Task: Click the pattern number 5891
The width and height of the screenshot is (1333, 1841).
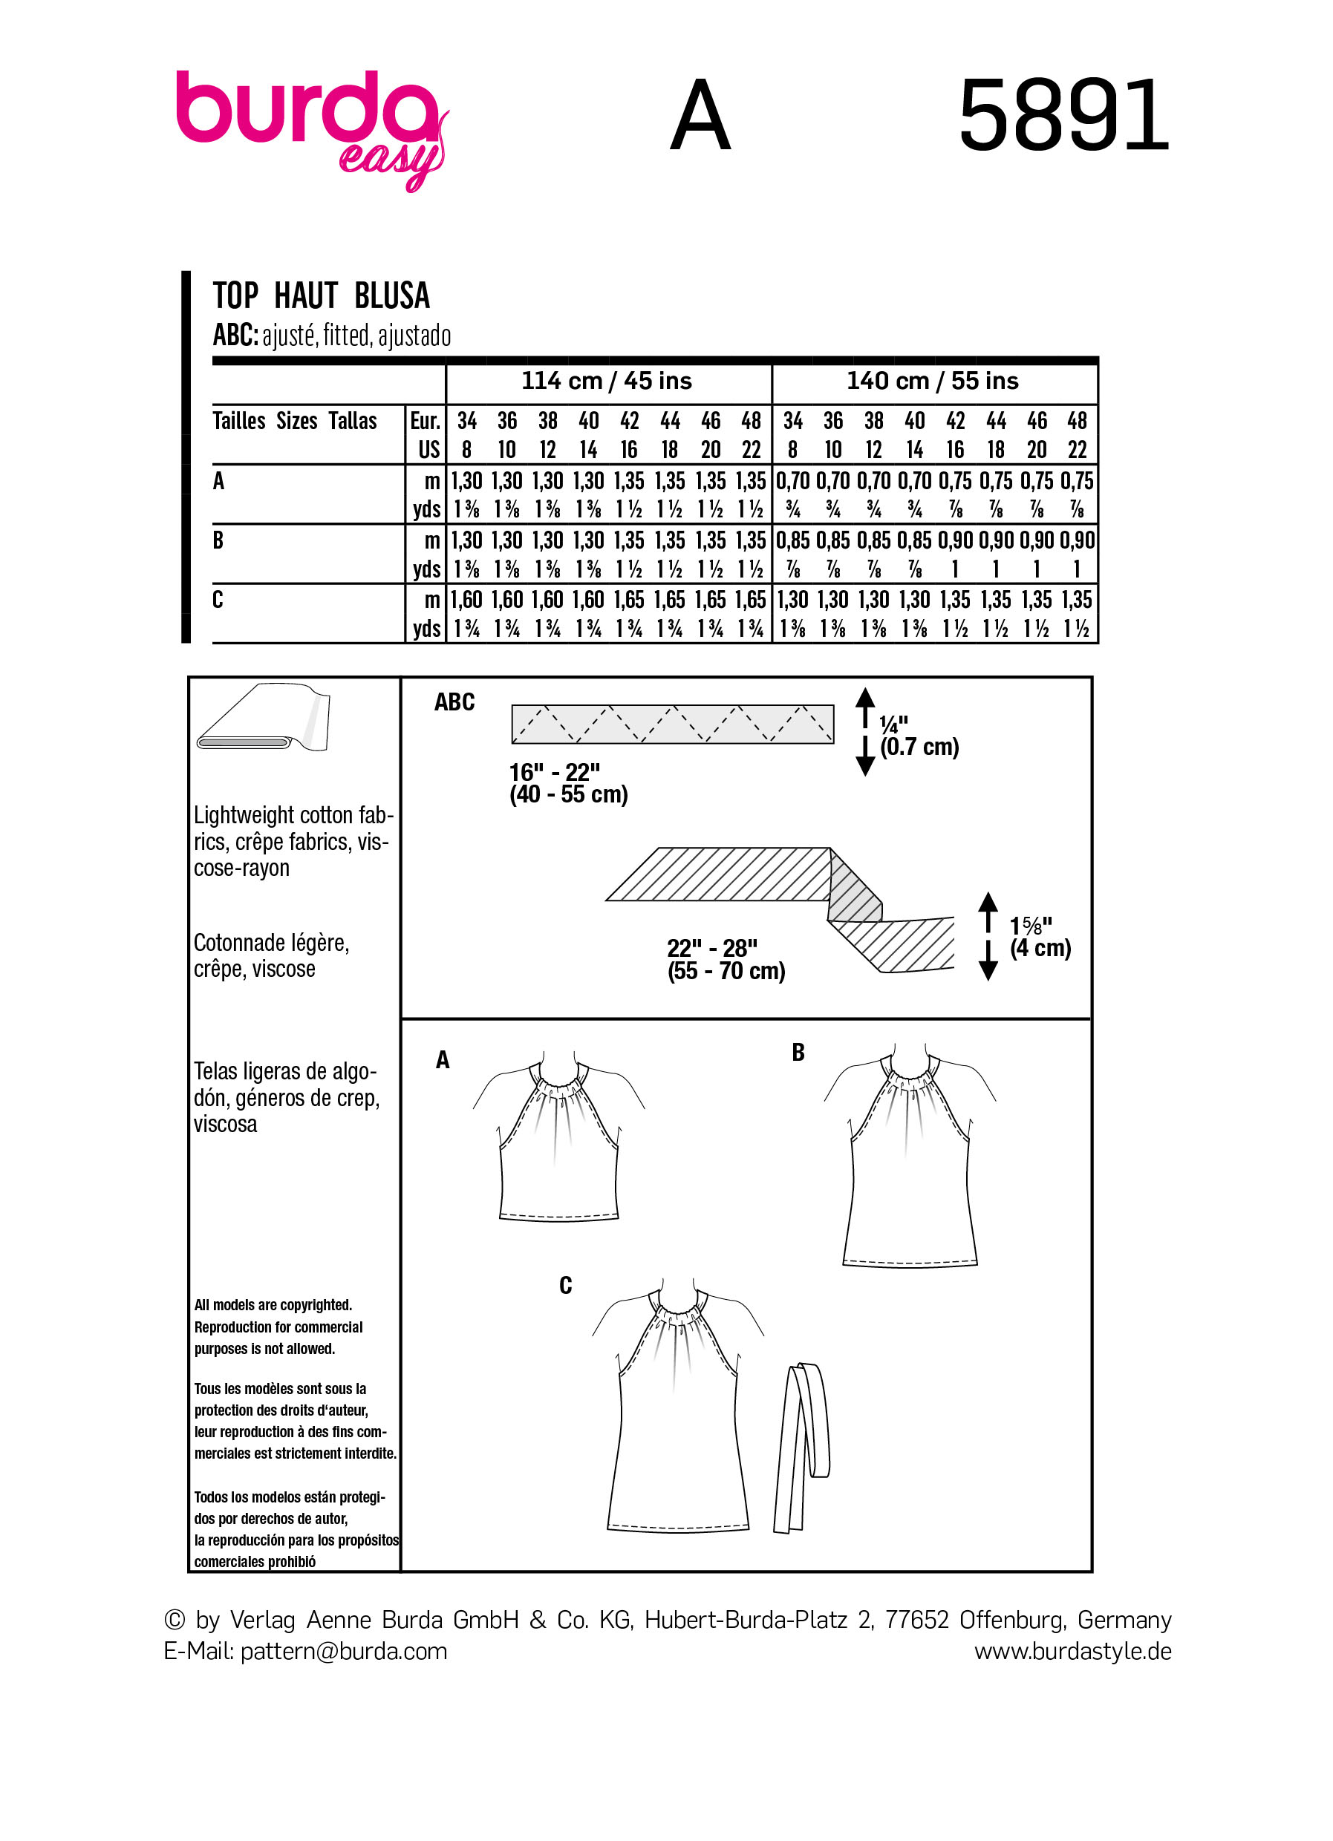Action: click(x=1063, y=115)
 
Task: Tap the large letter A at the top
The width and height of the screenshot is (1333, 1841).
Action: click(x=700, y=116)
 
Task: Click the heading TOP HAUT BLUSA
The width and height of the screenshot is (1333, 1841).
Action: click(x=321, y=295)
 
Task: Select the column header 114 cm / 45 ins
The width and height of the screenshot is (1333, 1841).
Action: click(x=607, y=381)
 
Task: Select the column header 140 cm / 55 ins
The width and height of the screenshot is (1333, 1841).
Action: click(x=932, y=381)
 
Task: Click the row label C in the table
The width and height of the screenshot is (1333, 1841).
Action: click(x=218, y=600)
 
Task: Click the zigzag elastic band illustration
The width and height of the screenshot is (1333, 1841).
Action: click(x=672, y=724)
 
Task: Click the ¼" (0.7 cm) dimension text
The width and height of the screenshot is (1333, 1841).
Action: click(x=918, y=736)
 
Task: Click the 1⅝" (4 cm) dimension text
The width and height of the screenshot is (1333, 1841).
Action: click(x=1039, y=937)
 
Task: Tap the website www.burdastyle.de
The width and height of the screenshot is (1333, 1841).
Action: click(x=1072, y=1651)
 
